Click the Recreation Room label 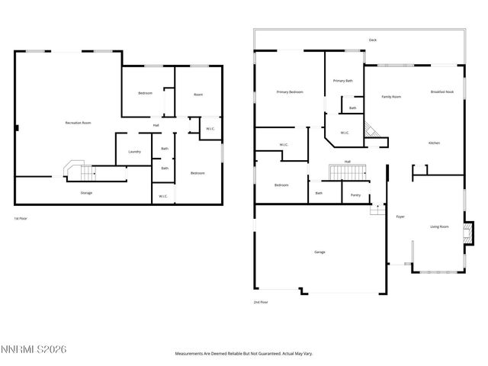(x=78, y=122)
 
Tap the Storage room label (x=86, y=193)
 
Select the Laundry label (x=134, y=151)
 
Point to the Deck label (x=372, y=40)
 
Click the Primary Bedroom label (x=290, y=91)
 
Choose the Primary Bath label (x=343, y=80)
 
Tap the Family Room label (x=391, y=97)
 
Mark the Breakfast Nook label (x=442, y=91)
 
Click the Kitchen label (x=434, y=143)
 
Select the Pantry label (x=355, y=194)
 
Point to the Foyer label (x=400, y=217)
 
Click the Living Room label (x=439, y=226)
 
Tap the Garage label (x=320, y=252)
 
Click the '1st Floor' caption (x=21, y=218)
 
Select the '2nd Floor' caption (x=261, y=302)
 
